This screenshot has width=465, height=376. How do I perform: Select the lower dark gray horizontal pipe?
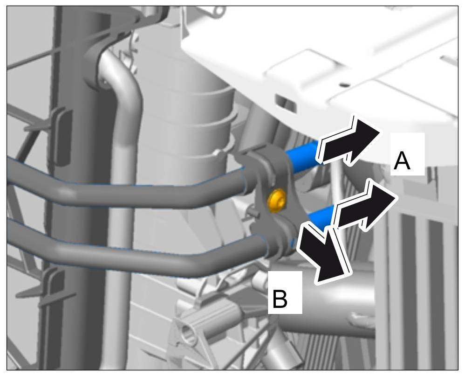[140, 247]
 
